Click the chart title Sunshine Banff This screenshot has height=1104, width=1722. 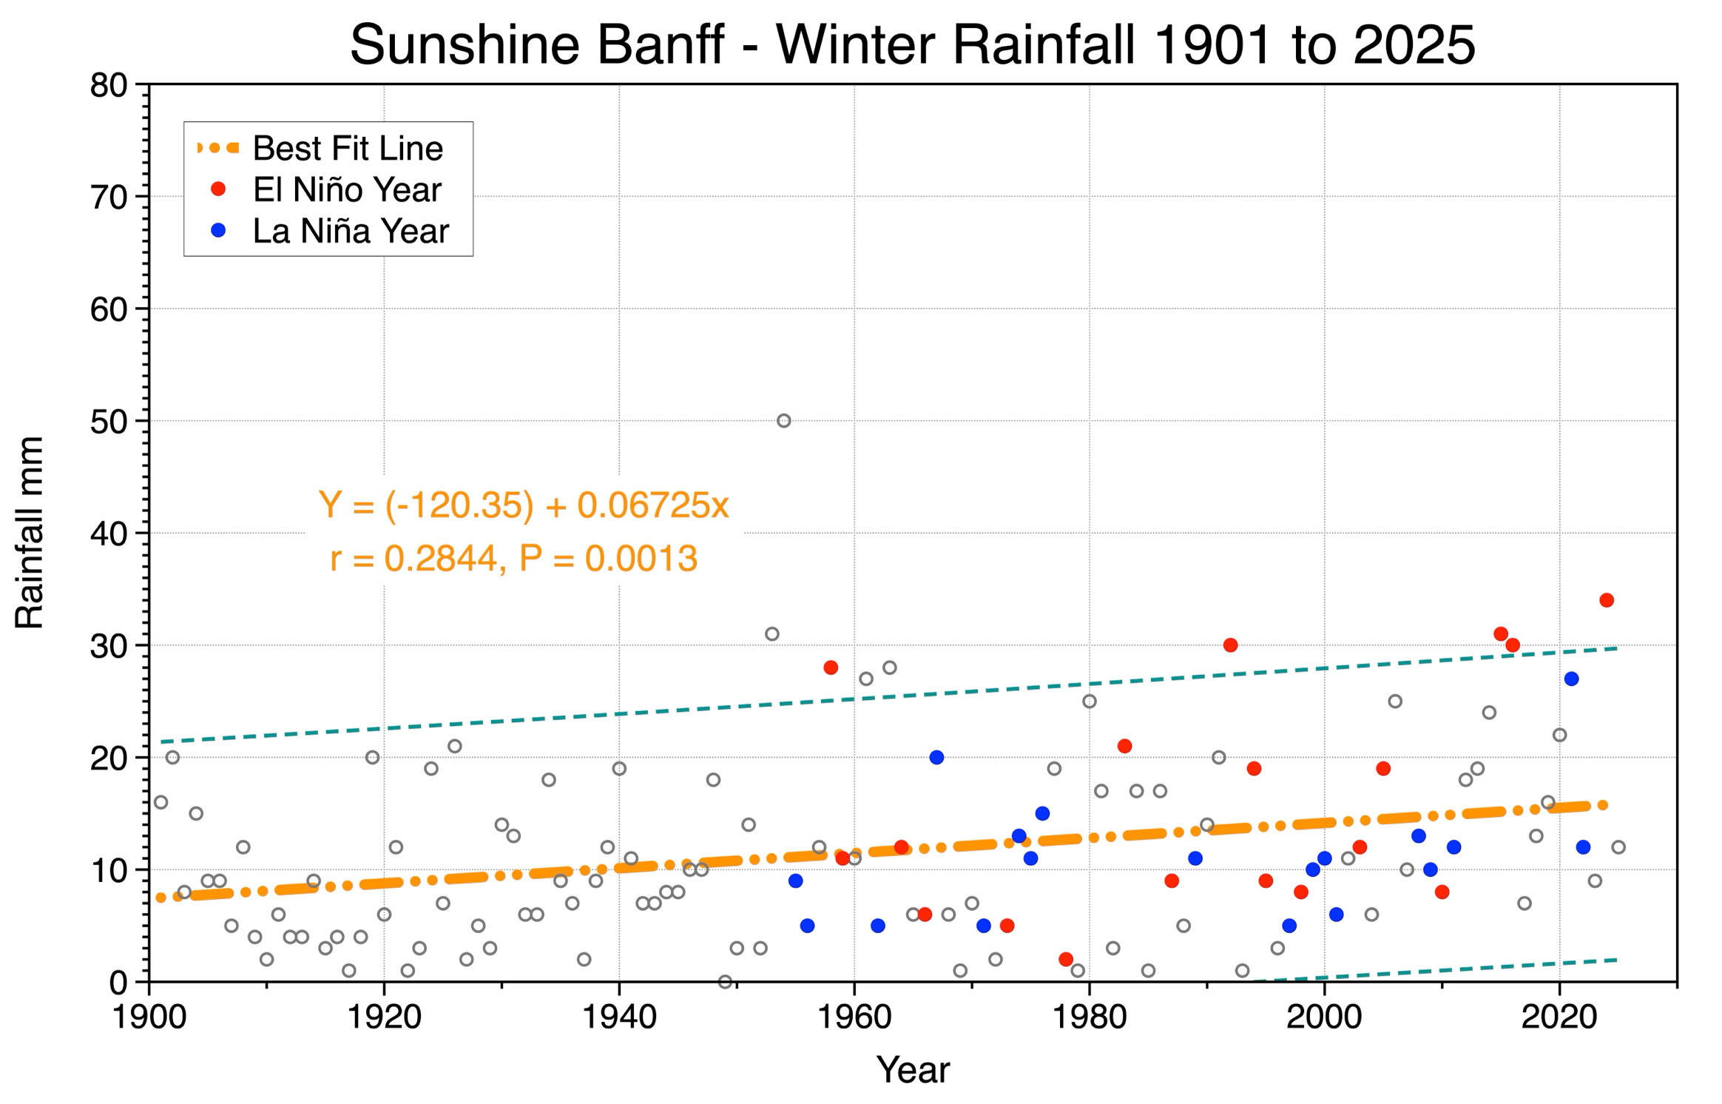[536, 44]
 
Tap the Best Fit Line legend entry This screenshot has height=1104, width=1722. [320, 148]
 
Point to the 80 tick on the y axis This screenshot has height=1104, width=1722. [109, 86]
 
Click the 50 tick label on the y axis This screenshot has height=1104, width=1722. [109, 422]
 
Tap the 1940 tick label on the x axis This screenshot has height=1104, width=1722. [619, 1017]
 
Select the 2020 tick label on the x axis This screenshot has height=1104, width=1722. [1559, 1017]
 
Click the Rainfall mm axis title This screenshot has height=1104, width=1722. [30, 533]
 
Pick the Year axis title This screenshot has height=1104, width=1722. [913, 1070]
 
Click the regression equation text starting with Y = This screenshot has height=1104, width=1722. [524, 505]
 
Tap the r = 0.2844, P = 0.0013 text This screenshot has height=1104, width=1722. [513, 558]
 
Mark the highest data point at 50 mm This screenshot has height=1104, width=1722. [784, 421]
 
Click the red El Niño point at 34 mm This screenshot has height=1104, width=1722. [1607, 600]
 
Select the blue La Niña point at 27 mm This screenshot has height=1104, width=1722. [1572, 679]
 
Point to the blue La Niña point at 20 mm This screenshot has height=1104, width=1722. [936, 757]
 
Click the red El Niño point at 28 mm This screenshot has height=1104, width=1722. [831, 667]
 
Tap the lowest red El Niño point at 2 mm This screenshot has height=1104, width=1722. [1066, 959]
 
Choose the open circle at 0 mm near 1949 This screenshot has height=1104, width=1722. [725, 982]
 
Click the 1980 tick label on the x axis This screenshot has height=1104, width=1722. [1089, 1017]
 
